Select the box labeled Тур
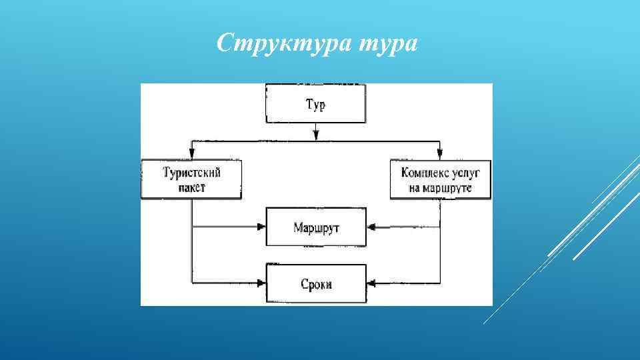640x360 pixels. (x=316, y=104)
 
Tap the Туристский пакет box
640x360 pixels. (x=191, y=179)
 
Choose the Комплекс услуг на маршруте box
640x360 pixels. (x=440, y=179)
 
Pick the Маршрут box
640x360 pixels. (x=316, y=227)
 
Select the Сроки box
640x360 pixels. (x=316, y=284)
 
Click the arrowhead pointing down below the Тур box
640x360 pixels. (x=316, y=136)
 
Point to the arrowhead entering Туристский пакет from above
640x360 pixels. (x=191, y=156)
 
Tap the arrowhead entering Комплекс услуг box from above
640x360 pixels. (x=440, y=156)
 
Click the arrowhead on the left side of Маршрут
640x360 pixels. (x=261, y=227)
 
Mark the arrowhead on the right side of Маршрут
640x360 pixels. (x=371, y=227)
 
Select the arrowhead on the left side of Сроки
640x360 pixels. (x=261, y=284)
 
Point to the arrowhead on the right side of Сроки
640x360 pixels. (x=371, y=284)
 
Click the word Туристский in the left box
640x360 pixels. (x=191, y=173)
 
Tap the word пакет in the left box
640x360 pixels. (x=191, y=187)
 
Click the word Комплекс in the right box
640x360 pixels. (x=424, y=173)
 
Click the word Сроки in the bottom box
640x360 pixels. (x=316, y=285)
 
